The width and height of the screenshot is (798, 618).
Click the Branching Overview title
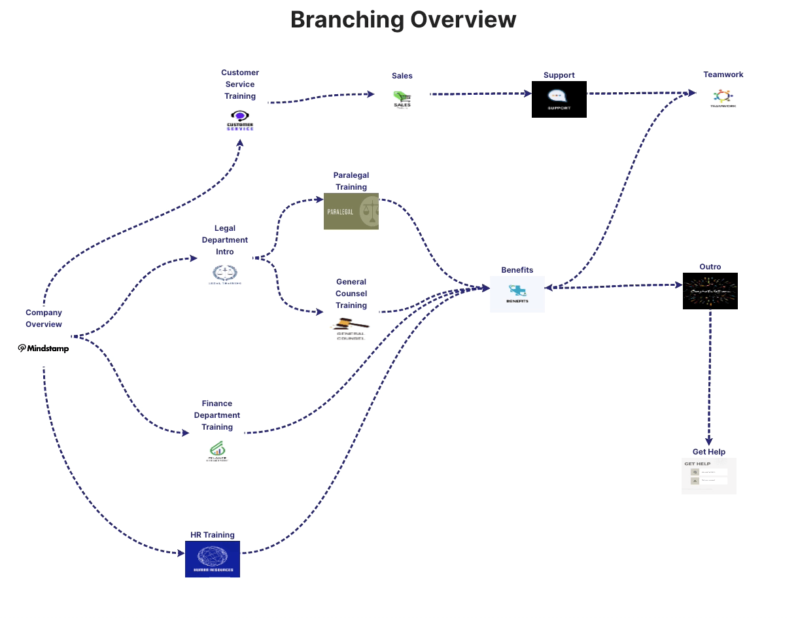coord(403,20)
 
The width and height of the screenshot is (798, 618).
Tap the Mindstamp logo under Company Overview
coord(43,349)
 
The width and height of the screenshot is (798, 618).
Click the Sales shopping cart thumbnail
coord(402,99)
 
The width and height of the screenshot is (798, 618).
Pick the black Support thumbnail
coord(559,99)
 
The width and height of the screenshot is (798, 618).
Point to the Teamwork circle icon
coord(723,97)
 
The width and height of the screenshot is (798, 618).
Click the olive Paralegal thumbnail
coord(351,211)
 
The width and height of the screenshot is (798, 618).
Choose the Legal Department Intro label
coord(224,240)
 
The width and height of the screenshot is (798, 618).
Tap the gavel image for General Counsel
coord(351,326)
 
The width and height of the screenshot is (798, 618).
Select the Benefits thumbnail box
coord(517,294)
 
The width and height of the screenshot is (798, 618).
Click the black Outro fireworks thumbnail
coord(710,290)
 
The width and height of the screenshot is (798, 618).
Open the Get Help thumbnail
coord(708,475)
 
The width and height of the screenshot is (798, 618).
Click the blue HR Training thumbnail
coord(213,558)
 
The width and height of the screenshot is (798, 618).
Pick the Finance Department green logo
coord(217,449)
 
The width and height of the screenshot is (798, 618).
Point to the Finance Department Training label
coord(217,415)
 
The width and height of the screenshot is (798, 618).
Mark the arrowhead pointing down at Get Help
coord(709,441)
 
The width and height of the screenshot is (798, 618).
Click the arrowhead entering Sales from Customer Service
coord(371,94)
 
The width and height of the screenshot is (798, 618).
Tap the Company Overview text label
coord(44,318)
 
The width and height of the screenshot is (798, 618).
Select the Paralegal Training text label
coord(351,181)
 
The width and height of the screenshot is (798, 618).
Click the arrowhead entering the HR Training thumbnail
coord(181,553)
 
